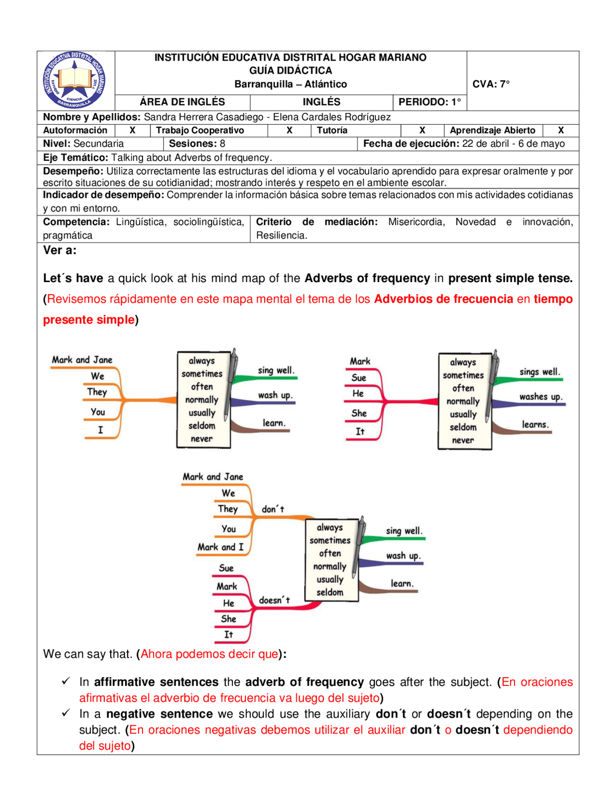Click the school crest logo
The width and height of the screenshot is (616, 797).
point(75,80)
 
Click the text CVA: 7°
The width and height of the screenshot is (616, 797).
point(490,84)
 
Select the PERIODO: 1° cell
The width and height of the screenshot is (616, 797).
point(429,102)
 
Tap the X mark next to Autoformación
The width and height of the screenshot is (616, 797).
point(132,130)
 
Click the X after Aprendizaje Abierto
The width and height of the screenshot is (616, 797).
point(560,130)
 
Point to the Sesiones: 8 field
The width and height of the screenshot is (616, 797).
point(197,144)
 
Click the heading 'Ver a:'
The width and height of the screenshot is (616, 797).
point(60,250)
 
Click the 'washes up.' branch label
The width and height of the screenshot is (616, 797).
point(540,397)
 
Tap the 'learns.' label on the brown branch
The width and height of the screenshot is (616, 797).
point(535,424)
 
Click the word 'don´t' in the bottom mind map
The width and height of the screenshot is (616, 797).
point(273,509)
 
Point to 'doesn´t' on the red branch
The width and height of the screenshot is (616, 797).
point(274,600)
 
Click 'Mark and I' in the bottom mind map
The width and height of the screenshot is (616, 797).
point(220,547)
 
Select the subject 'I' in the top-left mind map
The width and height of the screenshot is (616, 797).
point(101,430)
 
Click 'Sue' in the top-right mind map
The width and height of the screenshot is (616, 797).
point(359,378)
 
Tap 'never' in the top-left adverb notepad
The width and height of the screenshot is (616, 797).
point(201,439)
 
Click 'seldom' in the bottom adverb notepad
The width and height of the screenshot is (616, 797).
point(330,592)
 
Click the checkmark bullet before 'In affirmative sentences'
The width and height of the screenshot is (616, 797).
point(66,681)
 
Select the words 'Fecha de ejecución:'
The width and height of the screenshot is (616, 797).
point(411,144)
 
